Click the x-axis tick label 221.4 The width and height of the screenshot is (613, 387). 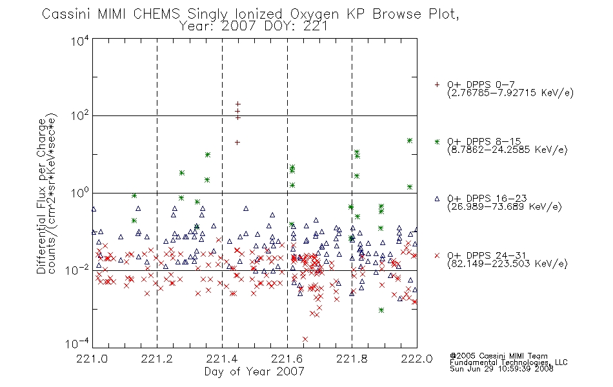[222, 359]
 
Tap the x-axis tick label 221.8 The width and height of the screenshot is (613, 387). [352, 359]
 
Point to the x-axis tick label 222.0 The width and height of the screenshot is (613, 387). [417, 359]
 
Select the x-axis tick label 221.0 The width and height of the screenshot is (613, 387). [92, 359]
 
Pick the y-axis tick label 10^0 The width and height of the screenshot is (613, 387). [80, 193]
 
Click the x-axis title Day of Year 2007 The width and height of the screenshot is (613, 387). [254, 372]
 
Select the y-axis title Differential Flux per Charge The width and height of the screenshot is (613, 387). [42, 196]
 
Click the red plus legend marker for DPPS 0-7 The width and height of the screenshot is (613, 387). [437, 84]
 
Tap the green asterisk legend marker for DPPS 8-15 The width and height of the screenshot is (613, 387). [437, 142]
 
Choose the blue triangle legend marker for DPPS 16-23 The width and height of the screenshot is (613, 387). [437, 199]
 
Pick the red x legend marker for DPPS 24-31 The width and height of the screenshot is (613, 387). [437, 255]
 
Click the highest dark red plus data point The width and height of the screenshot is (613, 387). [237, 104]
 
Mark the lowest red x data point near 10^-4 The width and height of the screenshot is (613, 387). [305, 339]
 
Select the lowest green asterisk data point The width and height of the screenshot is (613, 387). [381, 310]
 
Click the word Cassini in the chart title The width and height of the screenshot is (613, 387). [66, 14]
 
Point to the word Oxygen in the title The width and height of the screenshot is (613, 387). [314, 15]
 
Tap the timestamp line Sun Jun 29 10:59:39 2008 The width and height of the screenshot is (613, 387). [501, 369]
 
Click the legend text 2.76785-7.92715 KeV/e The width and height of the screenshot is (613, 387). [510, 93]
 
